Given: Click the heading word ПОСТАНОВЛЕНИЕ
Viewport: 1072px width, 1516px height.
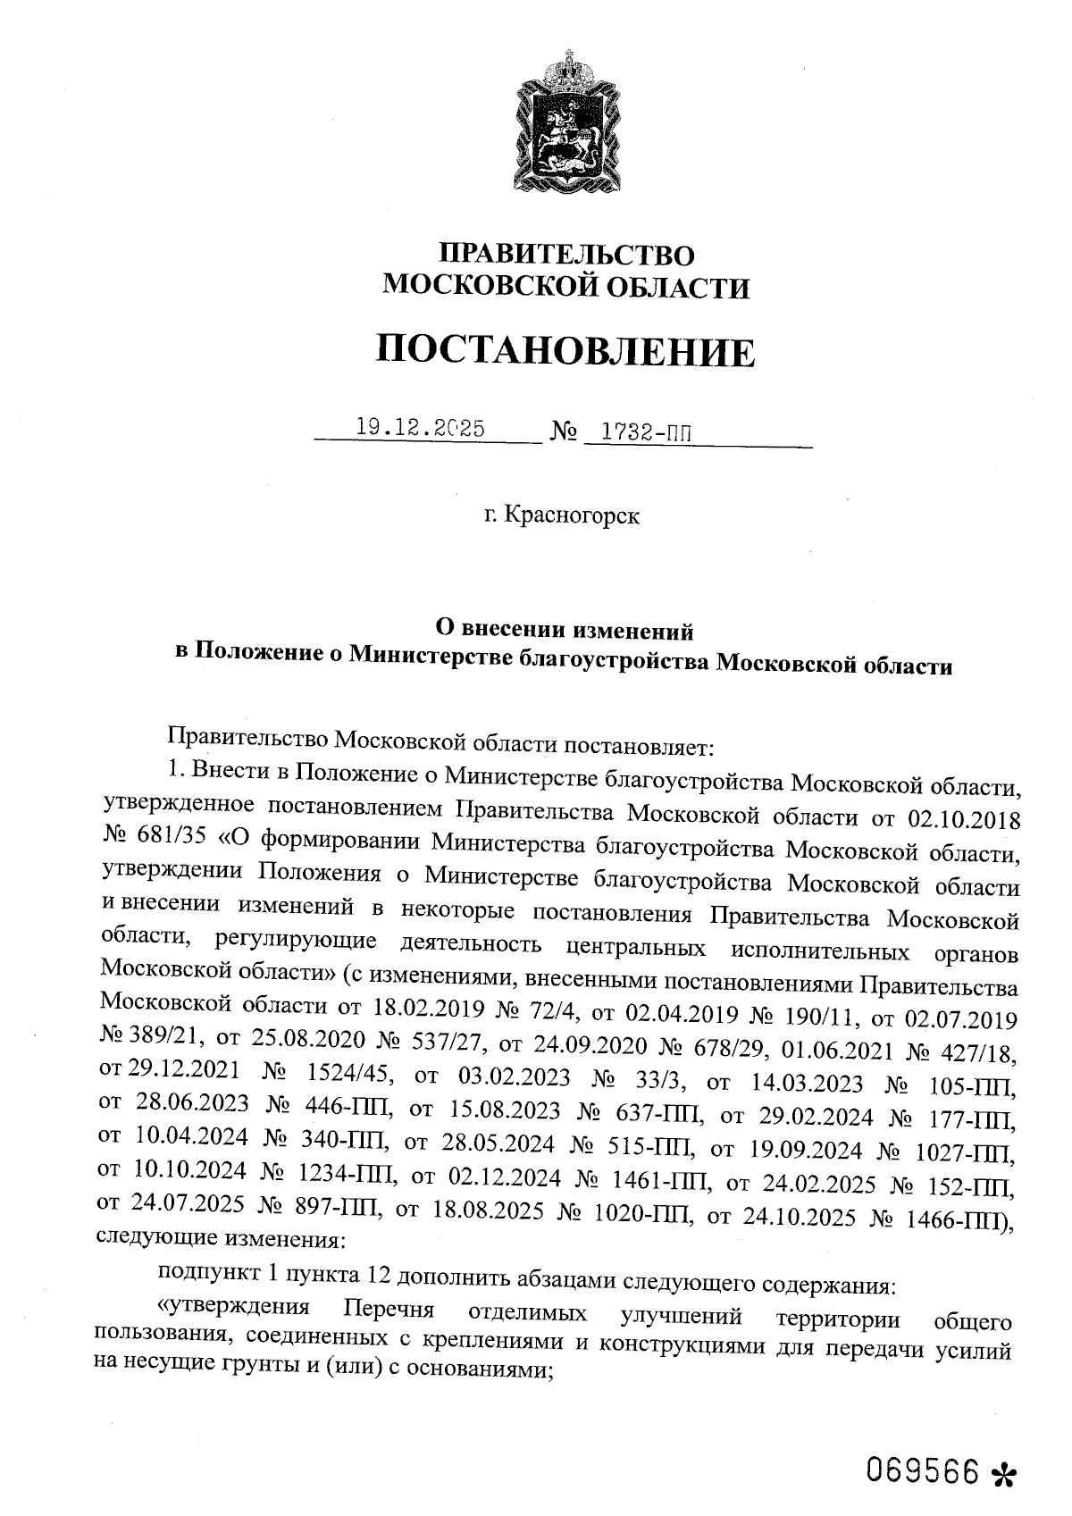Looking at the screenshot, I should tap(565, 351).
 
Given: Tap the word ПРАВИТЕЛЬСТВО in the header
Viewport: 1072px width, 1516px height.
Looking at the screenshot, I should tap(568, 255).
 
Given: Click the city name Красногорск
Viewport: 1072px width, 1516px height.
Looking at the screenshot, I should tap(572, 515).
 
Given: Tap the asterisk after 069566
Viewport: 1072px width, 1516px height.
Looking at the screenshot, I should tap(1005, 1473).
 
